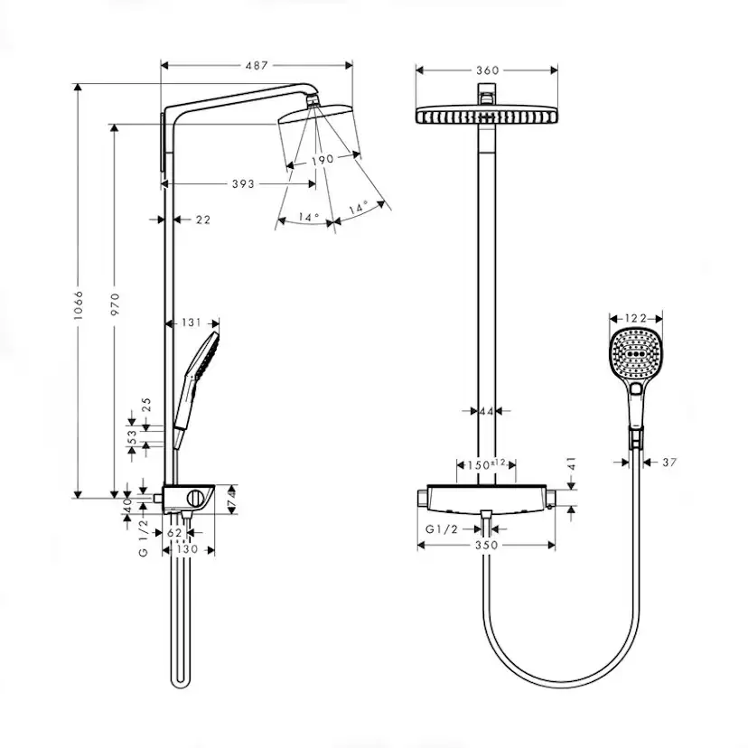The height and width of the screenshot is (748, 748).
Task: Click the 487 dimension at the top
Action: click(257, 64)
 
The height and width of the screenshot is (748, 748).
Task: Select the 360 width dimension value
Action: click(487, 70)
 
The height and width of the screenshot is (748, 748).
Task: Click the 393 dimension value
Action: click(242, 183)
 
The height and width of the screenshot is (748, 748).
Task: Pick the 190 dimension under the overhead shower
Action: click(323, 159)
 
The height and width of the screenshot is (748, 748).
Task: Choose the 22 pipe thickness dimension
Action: click(202, 220)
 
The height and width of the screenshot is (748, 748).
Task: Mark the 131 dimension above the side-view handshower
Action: click(191, 322)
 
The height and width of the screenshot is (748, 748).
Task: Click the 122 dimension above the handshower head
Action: click(636, 317)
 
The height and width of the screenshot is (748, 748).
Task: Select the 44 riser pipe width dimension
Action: click(486, 412)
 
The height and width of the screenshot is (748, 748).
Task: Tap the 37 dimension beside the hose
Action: click(669, 462)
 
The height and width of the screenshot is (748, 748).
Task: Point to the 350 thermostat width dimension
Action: click(487, 546)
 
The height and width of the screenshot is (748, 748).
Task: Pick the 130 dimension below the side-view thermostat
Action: click(187, 548)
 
